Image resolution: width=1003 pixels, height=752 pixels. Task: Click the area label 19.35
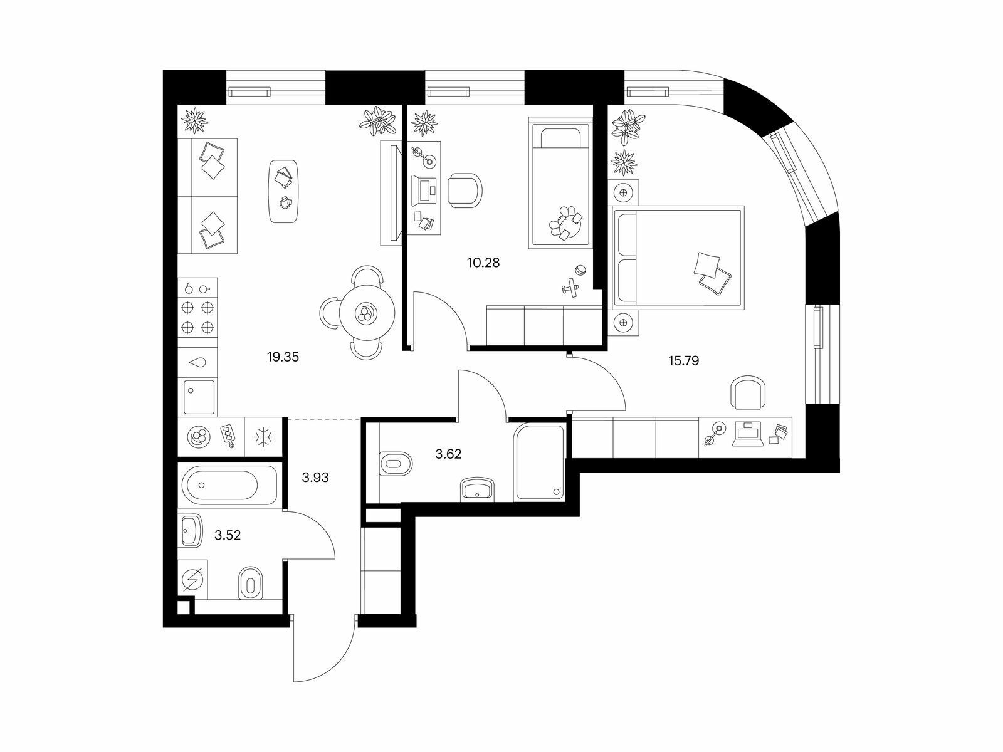[283, 357]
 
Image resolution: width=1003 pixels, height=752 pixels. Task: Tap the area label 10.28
[483, 263]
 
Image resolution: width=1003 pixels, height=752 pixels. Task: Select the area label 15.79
[683, 361]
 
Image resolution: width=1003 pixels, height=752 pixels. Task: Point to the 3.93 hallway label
[315, 477]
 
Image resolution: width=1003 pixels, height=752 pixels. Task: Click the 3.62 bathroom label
[448, 454]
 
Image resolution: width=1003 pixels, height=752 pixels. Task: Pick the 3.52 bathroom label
[228, 535]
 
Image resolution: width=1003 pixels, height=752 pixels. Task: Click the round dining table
[367, 313]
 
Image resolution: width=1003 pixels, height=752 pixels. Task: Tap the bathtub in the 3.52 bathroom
[229, 485]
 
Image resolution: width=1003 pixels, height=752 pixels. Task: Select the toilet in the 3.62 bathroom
[396, 464]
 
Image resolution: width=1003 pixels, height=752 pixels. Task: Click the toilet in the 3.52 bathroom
[251, 583]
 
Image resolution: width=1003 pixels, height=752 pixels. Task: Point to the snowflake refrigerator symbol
[263, 437]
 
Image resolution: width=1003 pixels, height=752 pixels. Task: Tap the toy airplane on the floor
[570, 287]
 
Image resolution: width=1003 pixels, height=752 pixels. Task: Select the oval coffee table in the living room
[284, 191]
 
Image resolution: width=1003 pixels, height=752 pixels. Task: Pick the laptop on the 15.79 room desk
[748, 434]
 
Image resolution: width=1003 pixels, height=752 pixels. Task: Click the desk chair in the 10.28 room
[465, 190]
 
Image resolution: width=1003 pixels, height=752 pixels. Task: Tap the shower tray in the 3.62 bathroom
[539, 463]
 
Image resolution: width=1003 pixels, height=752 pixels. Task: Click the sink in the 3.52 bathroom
[192, 531]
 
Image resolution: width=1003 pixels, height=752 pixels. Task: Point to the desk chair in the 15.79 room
[748, 393]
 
